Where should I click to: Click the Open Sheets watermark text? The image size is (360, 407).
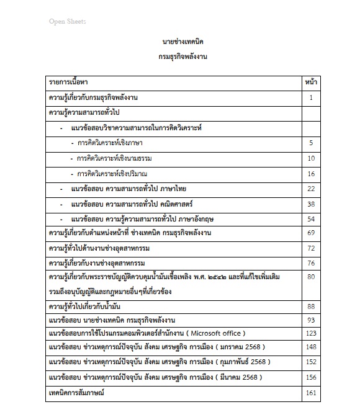click(68, 22)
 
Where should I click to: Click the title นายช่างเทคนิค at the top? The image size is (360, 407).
click(182, 42)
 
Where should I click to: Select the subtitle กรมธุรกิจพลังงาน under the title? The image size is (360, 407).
click(182, 56)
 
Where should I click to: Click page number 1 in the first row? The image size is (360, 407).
click(311, 98)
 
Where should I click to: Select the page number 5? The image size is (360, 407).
click(311, 143)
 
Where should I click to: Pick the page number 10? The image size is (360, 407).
click(311, 158)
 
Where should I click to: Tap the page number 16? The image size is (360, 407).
click(311, 174)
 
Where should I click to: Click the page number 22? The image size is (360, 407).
click(311, 189)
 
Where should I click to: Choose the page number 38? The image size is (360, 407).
click(311, 204)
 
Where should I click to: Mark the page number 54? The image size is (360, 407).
click(311, 219)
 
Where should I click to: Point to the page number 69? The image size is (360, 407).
click(311, 233)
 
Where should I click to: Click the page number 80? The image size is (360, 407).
click(311, 277)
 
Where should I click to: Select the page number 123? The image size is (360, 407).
click(311, 334)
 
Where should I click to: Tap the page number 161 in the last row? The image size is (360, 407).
click(311, 393)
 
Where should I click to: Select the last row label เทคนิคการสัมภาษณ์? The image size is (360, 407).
click(76, 393)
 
